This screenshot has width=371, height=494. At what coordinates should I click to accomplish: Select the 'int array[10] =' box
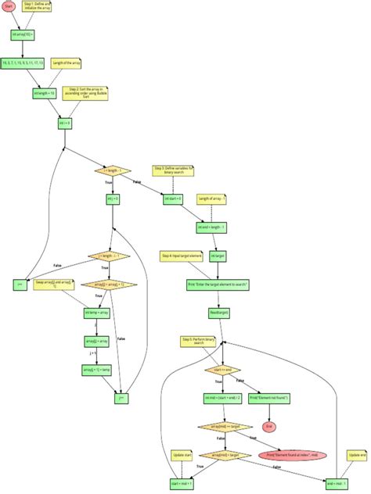pyautogui.click(x=21, y=34)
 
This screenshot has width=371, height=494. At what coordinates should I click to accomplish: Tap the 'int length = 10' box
pyautogui.click(x=42, y=93)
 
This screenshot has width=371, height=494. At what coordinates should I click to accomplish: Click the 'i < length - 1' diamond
pyautogui.click(x=113, y=170)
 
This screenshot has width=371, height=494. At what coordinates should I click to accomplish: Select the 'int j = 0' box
pyautogui.click(x=113, y=199)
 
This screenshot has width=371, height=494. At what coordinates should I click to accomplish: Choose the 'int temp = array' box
pyautogui.click(x=96, y=313)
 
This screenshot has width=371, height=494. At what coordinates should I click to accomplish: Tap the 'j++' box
pyautogui.click(x=121, y=397)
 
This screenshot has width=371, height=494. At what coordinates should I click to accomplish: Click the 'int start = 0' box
pyautogui.click(x=173, y=199)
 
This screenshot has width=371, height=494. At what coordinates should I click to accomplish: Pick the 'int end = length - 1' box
pyautogui.click(x=211, y=227)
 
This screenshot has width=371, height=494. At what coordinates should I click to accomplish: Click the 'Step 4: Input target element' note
pyautogui.click(x=182, y=256)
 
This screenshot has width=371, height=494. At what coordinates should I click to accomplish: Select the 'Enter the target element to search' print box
pyautogui.click(x=218, y=285)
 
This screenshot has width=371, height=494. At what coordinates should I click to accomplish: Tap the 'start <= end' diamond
pyautogui.click(x=222, y=369)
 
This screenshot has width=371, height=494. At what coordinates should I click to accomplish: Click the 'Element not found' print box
pyautogui.click(x=269, y=398)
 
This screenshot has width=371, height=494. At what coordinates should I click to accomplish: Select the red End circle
pyautogui.click(x=269, y=426)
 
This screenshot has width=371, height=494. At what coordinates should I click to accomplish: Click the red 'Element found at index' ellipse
pyautogui.click(x=292, y=454)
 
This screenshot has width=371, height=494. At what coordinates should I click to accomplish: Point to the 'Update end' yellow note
pyautogui.click(x=357, y=454)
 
